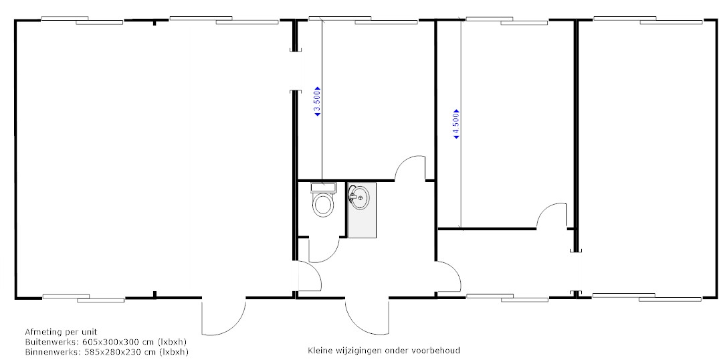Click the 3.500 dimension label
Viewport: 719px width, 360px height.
click(317, 101)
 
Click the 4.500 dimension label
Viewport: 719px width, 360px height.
click(456, 124)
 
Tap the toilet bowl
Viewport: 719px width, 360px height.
click(323, 204)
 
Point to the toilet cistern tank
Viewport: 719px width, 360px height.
click(323, 187)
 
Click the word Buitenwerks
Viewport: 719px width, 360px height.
click(47, 342)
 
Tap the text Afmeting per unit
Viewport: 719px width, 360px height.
click(61, 332)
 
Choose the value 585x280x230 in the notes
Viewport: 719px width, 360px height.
click(111, 352)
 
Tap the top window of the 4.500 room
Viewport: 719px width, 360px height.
click(507, 20)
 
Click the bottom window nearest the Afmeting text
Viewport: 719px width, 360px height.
click(84, 298)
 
